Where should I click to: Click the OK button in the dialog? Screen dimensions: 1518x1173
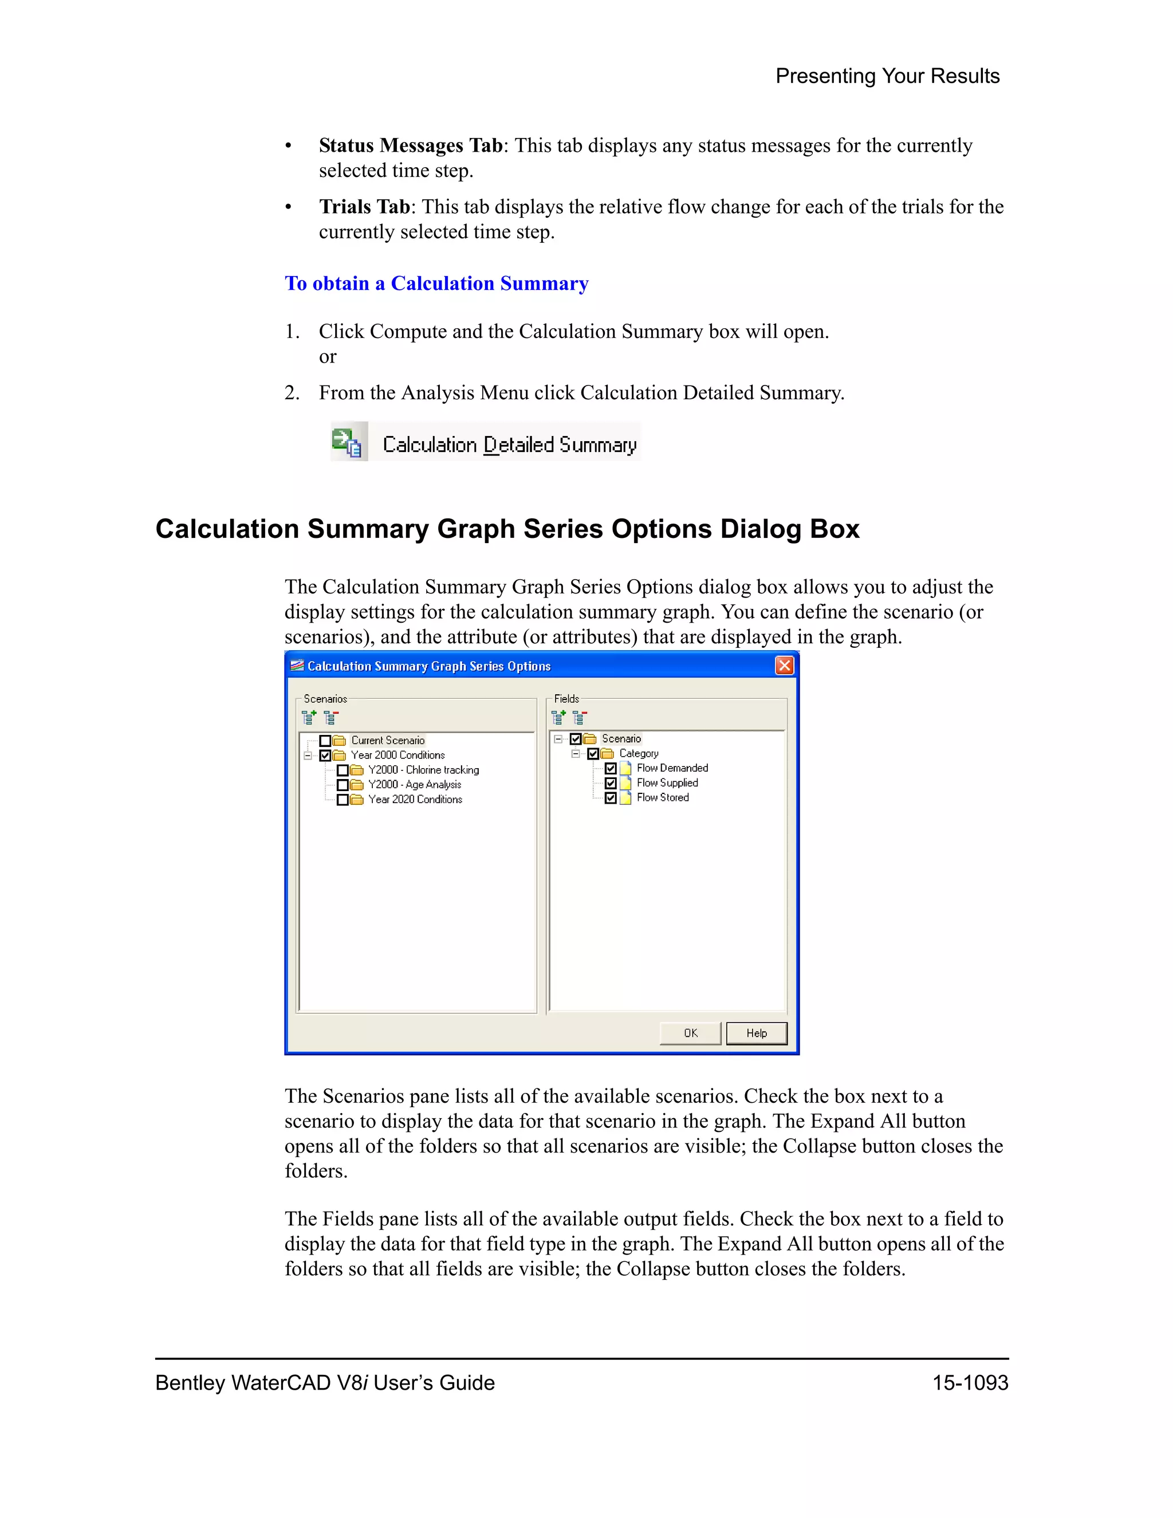[690, 1033]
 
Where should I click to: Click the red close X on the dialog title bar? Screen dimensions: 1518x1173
[785, 665]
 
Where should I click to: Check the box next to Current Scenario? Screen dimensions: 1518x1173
[325, 741]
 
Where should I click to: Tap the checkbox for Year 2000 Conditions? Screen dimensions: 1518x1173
[325, 756]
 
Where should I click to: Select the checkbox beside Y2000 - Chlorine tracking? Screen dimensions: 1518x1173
[343, 770]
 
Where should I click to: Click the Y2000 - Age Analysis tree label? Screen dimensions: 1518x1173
[414, 785]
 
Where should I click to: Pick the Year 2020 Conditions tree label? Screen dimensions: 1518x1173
[415, 799]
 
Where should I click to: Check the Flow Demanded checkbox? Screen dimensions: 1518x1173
[611, 769]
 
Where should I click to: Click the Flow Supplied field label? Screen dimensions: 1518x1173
[667, 782]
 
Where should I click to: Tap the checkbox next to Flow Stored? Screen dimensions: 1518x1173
[611, 798]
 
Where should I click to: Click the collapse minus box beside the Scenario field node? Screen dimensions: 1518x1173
[558, 739]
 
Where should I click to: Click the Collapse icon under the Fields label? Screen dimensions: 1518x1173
[580, 717]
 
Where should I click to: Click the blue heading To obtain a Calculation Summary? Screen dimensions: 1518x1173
[436, 284]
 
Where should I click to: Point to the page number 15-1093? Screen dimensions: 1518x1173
[970, 1382]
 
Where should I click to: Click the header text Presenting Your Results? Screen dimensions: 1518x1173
[887, 76]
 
